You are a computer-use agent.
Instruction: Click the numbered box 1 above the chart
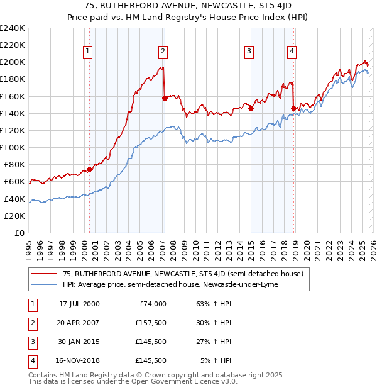pos(87,52)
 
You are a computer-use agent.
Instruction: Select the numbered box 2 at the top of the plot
pos(163,52)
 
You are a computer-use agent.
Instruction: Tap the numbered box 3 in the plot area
pos(249,52)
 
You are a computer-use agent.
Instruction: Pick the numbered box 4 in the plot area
pos(292,52)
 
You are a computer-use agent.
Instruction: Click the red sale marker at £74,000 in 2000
pos(90,169)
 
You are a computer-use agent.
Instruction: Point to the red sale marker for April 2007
pos(165,98)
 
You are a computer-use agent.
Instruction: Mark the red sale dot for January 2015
pos(251,108)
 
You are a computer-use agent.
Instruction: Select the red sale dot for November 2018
pos(293,108)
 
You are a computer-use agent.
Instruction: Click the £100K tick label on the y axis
pos(13,147)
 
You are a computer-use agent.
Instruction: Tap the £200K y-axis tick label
pos(13,62)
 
